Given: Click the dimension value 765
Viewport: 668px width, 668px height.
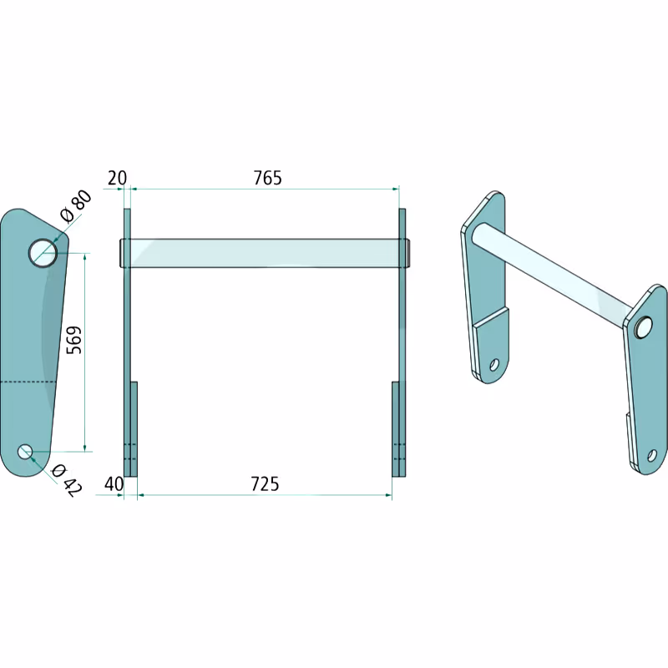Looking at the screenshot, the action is point(267,178).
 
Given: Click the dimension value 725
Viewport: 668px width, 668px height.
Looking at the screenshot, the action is point(265,484).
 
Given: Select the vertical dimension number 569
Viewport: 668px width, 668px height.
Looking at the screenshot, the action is point(74,340).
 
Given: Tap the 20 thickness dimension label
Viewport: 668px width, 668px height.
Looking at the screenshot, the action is point(117,178).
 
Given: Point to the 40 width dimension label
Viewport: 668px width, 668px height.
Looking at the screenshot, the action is point(114,484).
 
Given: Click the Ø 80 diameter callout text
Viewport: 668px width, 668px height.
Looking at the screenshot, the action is point(76,206).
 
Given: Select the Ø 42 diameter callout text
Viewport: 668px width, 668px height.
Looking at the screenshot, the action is point(66,481).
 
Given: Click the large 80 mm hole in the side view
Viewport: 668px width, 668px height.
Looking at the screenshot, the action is point(43,253).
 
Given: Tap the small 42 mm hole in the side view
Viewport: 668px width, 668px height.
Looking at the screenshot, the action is point(26,452).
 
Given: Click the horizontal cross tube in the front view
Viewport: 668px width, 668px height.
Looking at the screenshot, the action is point(264,253).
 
